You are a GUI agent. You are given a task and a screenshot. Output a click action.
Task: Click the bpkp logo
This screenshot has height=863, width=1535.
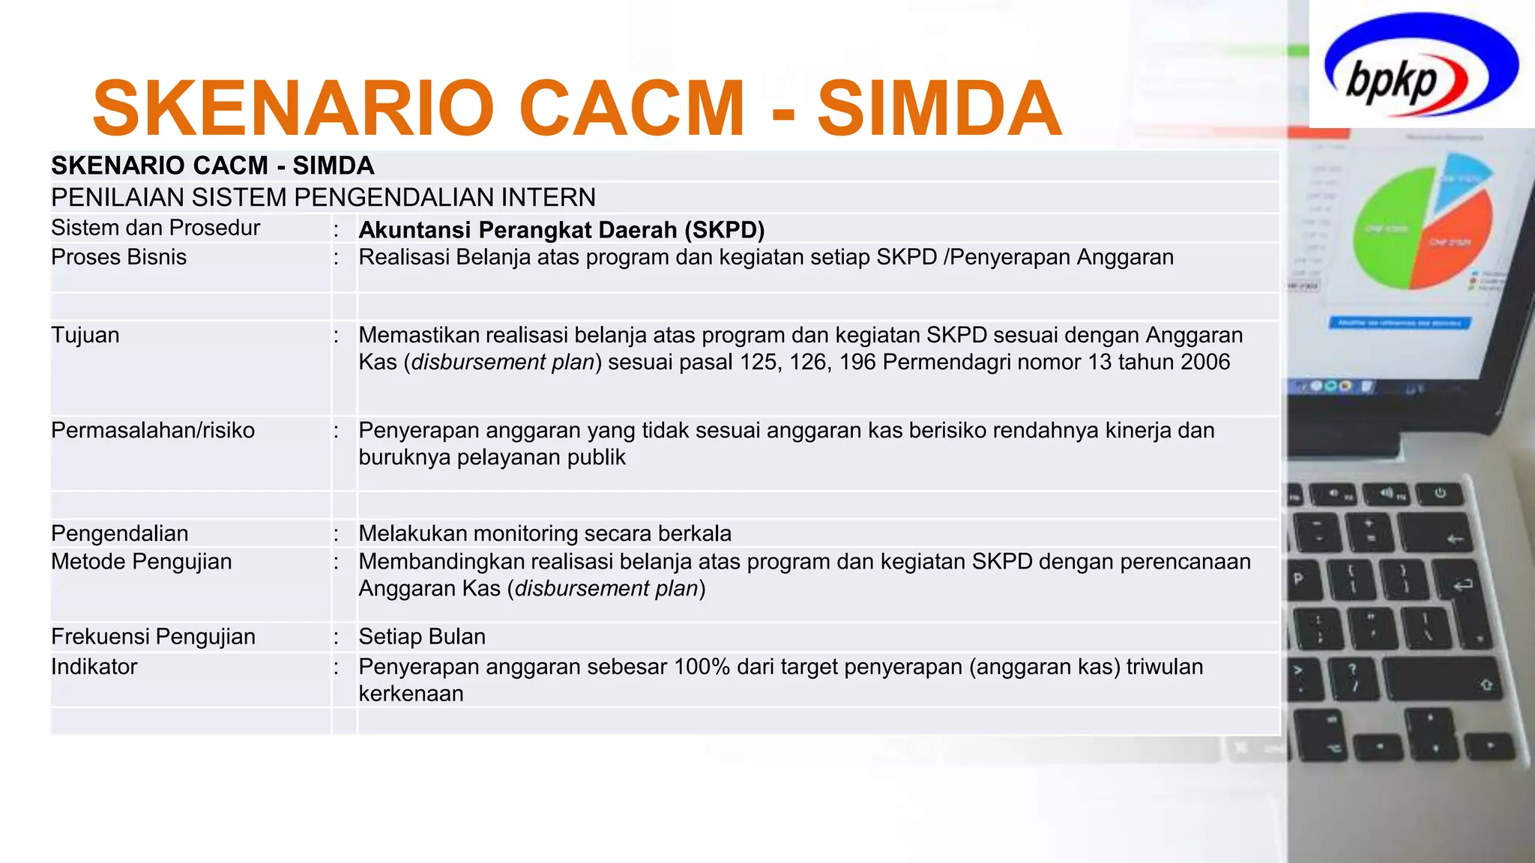pos(1421,66)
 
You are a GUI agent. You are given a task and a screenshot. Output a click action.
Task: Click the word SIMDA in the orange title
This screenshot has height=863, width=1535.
pos(939,109)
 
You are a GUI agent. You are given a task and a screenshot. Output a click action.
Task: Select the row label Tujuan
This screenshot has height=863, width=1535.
pos(85,335)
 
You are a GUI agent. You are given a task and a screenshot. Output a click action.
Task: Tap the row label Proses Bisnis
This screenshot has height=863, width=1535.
pos(118,257)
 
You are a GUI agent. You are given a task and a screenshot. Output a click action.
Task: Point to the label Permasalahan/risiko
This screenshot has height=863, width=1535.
pos(153,430)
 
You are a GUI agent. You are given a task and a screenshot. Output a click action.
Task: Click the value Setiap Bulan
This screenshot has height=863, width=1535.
pos(422,637)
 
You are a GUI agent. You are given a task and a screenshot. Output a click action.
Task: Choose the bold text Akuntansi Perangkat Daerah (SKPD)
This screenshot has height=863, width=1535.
pos(561,230)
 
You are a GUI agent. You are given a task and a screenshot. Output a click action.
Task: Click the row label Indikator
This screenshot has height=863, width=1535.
pos(94,667)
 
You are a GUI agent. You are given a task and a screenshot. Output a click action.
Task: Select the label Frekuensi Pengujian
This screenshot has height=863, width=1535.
pos(153,637)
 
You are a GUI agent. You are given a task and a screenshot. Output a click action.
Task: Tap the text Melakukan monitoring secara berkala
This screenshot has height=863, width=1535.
pos(545,533)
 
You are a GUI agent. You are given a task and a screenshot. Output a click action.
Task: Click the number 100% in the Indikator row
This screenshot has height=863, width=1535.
pos(702,667)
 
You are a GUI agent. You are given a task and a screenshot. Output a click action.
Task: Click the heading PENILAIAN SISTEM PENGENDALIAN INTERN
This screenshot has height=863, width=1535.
pos(323,198)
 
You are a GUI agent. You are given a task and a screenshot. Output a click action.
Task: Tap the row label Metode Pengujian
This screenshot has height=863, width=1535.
pos(141,562)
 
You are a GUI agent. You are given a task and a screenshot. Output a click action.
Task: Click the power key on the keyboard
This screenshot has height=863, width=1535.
pos(1440,493)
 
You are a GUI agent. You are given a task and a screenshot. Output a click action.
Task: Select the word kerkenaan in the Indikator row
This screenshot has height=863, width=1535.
pos(411,694)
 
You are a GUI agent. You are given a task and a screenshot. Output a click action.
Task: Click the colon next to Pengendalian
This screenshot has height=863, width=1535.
pos(337,533)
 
